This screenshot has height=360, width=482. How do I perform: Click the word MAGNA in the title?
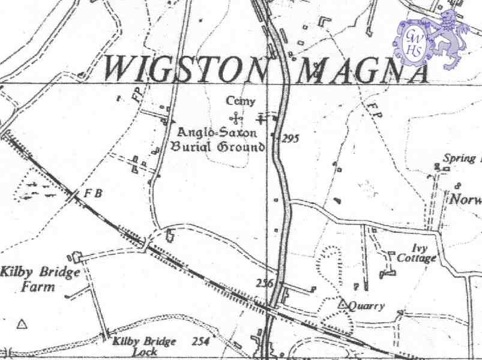364,70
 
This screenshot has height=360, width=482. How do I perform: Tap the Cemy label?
240,101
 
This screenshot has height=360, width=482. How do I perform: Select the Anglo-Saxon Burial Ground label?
217,139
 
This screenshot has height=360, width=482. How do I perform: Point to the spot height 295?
290,139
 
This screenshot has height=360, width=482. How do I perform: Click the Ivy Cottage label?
417,254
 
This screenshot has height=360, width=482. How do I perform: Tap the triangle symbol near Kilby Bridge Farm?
22,325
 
